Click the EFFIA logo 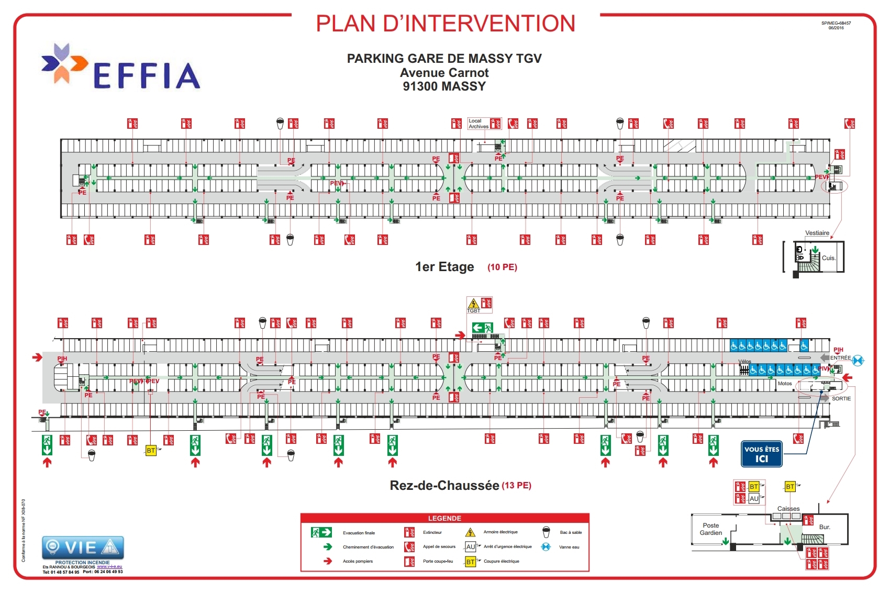pos(121,67)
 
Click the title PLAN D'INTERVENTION pos(446,24)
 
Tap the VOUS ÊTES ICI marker pos(761,454)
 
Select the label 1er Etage pos(444,267)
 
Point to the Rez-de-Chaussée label pos(444,485)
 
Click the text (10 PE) pos(502,267)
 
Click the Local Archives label pos(478,124)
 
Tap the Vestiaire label pos(817,233)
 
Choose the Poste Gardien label pos(710,529)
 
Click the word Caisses pos(788,508)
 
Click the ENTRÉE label pos(840,357)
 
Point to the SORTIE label pos(841,399)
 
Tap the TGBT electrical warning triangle pos(473,304)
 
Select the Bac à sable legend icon pos(546,532)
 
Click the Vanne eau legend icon pos(546,547)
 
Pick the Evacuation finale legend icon pos(321,532)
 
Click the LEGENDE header pos(444,518)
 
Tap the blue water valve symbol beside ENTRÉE pos(858,360)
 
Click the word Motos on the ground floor pos(784,384)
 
